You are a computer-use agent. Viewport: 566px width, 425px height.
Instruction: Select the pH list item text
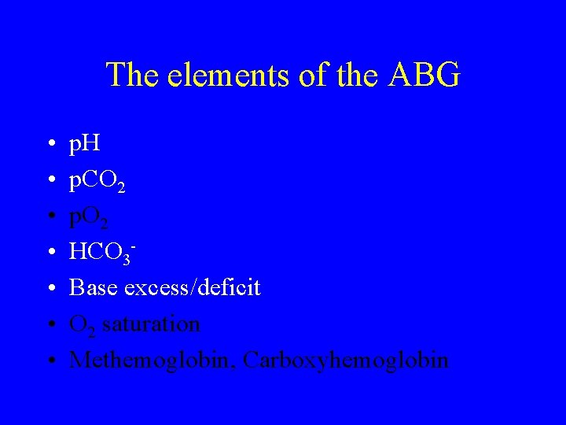click(x=84, y=144)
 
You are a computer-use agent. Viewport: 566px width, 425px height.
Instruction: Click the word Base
click(x=94, y=288)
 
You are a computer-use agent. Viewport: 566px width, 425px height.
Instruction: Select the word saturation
click(x=151, y=324)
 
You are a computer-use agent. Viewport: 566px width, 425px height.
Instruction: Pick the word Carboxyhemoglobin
click(x=346, y=360)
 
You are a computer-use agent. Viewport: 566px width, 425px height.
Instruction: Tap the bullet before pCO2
click(x=50, y=182)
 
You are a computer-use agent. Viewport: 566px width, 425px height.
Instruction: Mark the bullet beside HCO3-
click(x=50, y=253)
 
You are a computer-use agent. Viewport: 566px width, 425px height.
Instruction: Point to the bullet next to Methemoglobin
click(x=50, y=362)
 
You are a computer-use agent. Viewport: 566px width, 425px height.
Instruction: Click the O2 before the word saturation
click(x=82, y=325)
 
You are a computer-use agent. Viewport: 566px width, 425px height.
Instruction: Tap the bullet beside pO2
click(x=50, y=218)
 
